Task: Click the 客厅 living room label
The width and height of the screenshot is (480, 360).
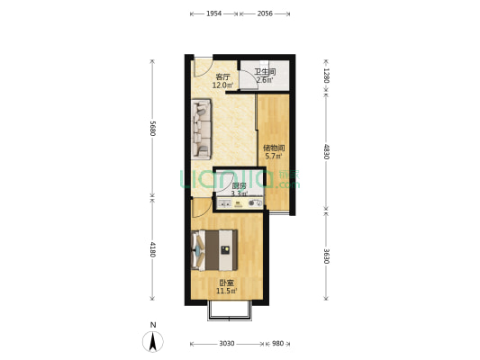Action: [x=222, y=77]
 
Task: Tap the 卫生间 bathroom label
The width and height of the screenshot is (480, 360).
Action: [x=264, y=72]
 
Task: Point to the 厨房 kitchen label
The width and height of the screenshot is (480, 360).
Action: [x=240, y=185]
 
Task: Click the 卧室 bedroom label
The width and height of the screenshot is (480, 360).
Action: [x=226, y=283]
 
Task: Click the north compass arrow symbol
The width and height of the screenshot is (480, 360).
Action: [x=153, y=341]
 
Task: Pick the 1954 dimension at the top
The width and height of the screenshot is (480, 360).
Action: [x=214, y=14]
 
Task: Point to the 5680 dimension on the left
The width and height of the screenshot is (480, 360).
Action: [x=153, y=128]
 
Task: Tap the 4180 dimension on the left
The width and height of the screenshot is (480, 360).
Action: [x=153, y=249]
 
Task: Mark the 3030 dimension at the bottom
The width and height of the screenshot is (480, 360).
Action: [x=226, y=344]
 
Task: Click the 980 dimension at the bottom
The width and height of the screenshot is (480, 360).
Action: [x=277, y=344]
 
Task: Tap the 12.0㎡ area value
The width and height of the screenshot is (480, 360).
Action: [x=222, y=85]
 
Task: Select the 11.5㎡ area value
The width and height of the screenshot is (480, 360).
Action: [x=226, y=291]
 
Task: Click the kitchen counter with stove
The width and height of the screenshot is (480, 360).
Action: [x=239, y=204]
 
